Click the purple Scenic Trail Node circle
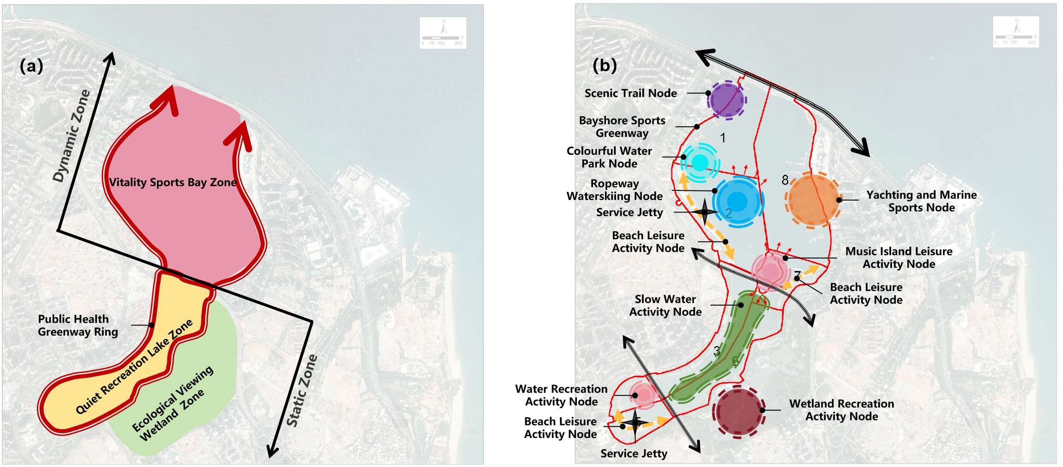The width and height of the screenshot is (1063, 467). (x=727, y=100)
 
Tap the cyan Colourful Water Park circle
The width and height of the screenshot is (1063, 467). (x=700, y=162)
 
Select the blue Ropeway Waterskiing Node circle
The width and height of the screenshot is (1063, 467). (x=737, y=201)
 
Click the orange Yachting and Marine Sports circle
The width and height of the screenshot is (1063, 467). (x=813, y=200)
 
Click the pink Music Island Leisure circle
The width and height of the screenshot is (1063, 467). (x=770, y=271)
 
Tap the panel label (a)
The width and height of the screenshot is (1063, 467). (x=31, y=66)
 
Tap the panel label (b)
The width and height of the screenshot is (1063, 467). (x=605, y=65)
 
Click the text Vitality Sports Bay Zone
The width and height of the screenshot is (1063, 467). (x=173, y=182)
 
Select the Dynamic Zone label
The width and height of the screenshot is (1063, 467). (x=71, y=136)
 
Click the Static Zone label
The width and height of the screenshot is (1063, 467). (x=302, y=390)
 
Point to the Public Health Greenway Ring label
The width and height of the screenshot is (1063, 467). (x=77, y=325)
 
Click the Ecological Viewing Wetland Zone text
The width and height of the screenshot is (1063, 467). (x=173, y=404)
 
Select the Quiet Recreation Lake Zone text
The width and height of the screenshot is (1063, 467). (x=134, y=367)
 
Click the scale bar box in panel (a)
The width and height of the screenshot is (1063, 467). (x=443, y=33)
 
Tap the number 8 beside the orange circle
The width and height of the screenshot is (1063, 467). (x=785, y=180)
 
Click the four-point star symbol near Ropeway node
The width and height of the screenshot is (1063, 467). (x=705, y=212)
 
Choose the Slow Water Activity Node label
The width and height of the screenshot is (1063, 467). (x=665, y=306)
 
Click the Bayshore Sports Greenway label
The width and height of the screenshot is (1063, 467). (x=622, y=127)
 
